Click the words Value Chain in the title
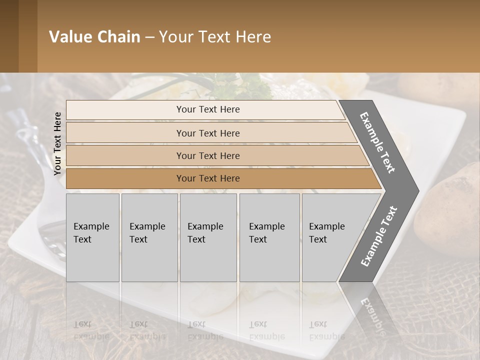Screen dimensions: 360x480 click(x=94, y=37)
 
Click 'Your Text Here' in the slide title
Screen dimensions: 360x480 click(x=215, y=37)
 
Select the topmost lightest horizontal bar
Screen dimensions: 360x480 click(x=205, y=109)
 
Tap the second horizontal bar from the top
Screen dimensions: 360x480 click(x=208, y=133)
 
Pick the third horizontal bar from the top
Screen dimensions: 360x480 click(x=208, y=155)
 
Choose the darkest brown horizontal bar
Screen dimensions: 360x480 click(x=208, y=178)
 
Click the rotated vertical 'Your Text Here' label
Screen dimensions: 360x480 click(x=57, y=143)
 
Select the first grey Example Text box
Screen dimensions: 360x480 click(x=92, y=237)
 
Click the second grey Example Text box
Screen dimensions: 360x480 click(x=149, y=237)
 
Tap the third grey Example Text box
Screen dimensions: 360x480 click(x=207, y=237)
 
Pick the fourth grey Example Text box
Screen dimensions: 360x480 click(x=269, y=237)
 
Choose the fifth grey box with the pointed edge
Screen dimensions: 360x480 click(x=330, y=237)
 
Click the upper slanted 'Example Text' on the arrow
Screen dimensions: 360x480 click(x=377, y=142)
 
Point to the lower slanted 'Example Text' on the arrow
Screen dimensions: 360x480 click(x=379, y=236)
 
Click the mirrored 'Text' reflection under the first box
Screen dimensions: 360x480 click(x=82, y=324)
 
